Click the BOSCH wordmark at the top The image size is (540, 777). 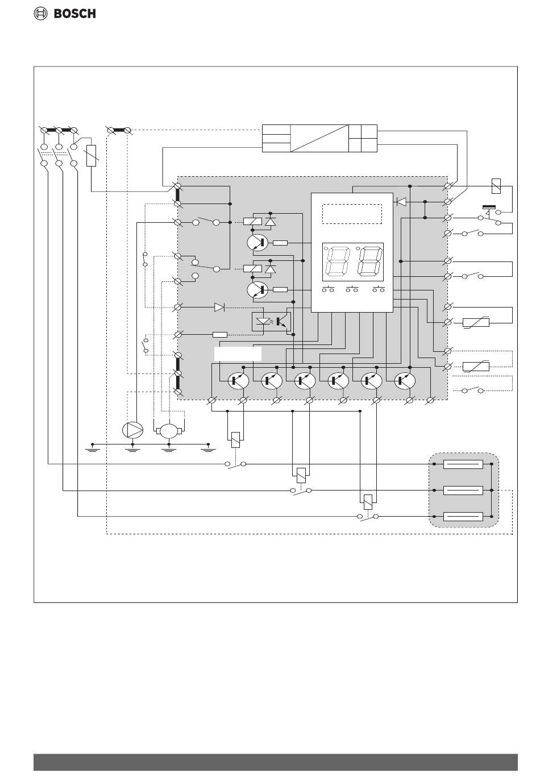(x=75, y=14)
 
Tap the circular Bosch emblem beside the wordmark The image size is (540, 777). (x=40, y=14)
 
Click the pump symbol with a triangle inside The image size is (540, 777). (x=133, y=430)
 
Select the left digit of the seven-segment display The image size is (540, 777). (x=336, y=261)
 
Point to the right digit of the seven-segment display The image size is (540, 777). (x=370, y=261)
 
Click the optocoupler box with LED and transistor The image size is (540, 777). (x=271, y=322)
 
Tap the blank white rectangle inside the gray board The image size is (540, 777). (x=238, y=354)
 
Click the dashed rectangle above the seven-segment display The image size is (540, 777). (x=352, y=214)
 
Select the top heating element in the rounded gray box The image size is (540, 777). (x=463, y=464)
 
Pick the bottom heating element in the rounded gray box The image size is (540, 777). (x=463, y=517)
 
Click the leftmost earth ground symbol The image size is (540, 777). (x=93, y=450)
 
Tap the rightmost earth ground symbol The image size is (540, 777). (x=208, y=450)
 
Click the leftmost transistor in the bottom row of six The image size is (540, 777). (x=238, y=381)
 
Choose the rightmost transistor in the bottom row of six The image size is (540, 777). (x=405, y=381)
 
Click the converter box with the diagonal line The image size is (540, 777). (x=319, y=138)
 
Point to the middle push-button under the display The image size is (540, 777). (x=352, y=289)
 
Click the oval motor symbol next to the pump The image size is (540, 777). (x=169, y=431)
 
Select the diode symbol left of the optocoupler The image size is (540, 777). (x=219, y=307)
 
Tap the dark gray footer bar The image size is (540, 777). (x=276, y=762)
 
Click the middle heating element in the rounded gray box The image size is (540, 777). (x=463, y=490)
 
